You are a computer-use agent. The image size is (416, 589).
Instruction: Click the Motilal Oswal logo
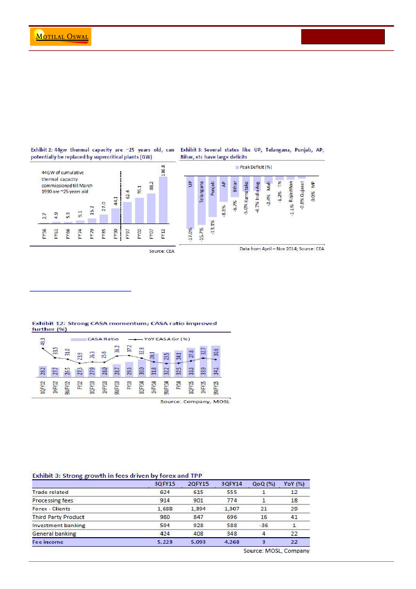click(61, 37)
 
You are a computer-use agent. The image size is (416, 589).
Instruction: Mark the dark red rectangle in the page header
click(343, 37)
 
